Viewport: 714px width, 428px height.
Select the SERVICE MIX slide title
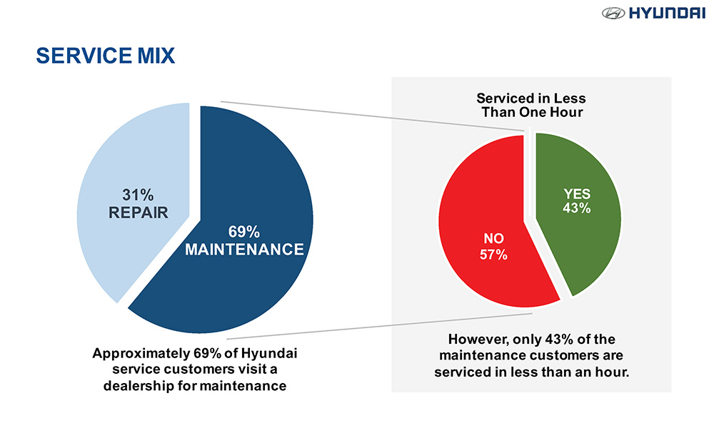(x=105, y=56)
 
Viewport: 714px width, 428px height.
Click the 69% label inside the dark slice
(x=244, y=232)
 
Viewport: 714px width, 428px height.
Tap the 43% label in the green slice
(x=577, y=208)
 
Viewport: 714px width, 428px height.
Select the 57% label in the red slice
(x=493, y=254)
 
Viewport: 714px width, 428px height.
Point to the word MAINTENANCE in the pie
(x=244, y=250)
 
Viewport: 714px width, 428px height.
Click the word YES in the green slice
(x=577, y=193)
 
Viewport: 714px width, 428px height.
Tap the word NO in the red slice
(x=493, y=239)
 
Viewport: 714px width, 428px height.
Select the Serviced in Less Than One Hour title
(x=531, y=106)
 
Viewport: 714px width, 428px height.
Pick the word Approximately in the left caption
(x=138, y=354)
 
